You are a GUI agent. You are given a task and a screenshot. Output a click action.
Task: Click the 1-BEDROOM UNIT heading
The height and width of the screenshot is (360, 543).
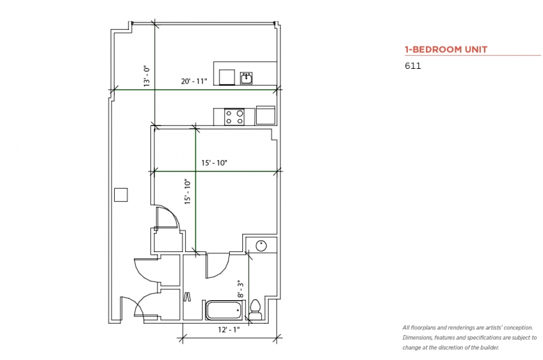coord(446,49)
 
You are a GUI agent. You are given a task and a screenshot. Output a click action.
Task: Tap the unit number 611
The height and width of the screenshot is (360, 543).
coord(413,66)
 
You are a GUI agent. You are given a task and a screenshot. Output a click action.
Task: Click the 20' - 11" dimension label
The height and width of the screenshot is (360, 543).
coord(194,81)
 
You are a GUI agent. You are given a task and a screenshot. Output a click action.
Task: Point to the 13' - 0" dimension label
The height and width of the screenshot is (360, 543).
coord(147,76)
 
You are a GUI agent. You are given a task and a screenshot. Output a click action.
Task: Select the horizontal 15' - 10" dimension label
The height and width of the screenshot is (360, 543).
coord(214,162)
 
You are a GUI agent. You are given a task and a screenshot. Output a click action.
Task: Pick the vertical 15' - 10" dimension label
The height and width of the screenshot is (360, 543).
coord(188,191)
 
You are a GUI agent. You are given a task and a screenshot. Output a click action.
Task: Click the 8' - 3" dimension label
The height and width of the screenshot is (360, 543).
coord(240,289)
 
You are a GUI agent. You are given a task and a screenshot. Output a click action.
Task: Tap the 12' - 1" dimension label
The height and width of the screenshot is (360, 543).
coord(228,329)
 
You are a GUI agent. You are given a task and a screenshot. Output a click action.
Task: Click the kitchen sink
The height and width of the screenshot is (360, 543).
coord(246,78)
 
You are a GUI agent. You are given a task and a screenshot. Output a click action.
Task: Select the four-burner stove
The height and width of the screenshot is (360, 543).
coord(234,117)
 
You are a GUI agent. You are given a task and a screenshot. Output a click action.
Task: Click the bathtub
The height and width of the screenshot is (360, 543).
coord(224,310)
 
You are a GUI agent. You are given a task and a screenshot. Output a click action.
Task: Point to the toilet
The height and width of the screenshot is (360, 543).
coord(255,309)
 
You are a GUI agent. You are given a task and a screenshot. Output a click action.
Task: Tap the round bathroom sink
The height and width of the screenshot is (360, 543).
coord(261,246)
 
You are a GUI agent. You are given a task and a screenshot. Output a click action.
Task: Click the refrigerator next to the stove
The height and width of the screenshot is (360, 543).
coord(266,116)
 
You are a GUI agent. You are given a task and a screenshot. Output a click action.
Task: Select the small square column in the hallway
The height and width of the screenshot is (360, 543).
coord(121,195)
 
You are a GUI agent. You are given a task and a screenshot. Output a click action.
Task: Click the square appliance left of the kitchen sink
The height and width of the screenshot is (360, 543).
coord(227,77)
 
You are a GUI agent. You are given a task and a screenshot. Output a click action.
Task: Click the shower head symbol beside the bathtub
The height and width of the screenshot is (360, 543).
coord(187,297)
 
